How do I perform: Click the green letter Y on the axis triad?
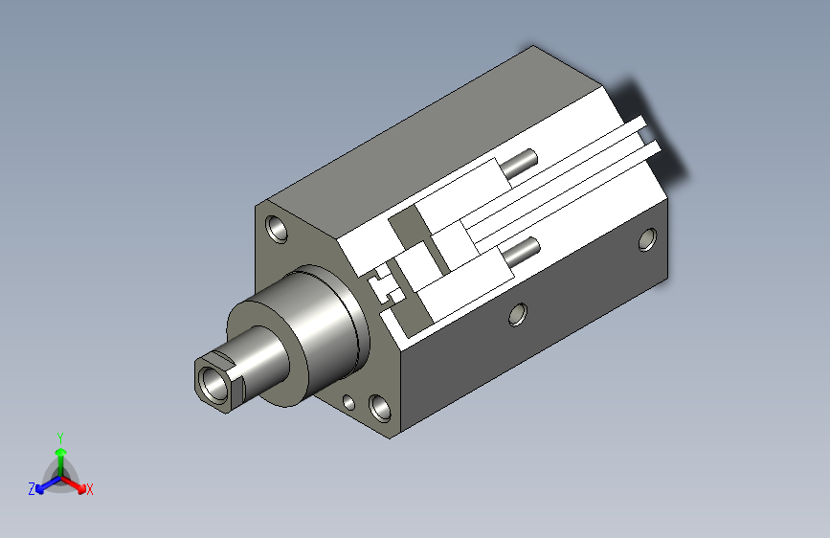coord(59,436)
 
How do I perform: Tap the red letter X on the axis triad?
coord(90,490)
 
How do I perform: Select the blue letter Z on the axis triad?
coord(32,489)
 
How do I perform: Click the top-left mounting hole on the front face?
coord(279,230)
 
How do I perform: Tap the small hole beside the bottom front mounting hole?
coord(349,403)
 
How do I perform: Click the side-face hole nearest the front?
coord(518,313)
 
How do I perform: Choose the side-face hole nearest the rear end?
coord(648,239)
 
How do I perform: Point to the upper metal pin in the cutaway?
coord(522,162)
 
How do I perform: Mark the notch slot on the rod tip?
coord(222,360)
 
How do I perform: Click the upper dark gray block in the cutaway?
coord(406,229)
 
